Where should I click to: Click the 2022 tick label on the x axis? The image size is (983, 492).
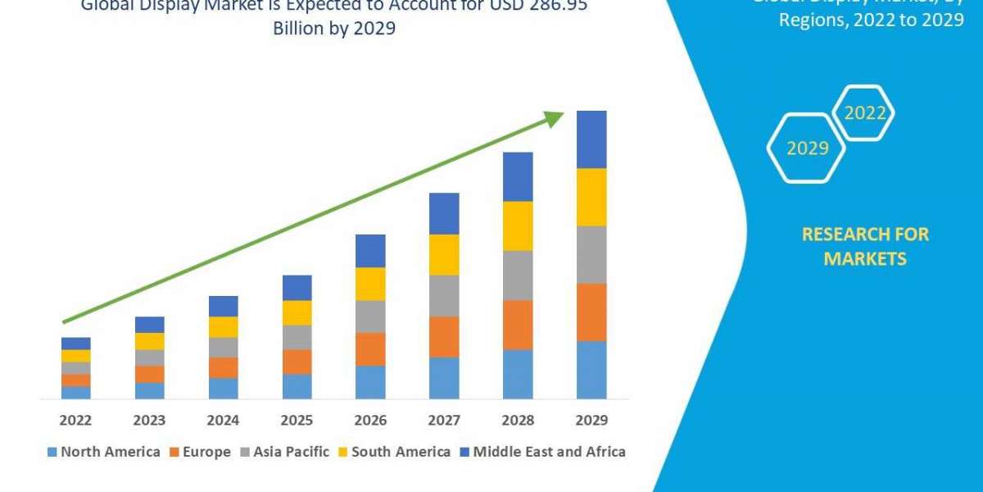pos(75,421)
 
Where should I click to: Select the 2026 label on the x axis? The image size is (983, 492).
pos(370,421)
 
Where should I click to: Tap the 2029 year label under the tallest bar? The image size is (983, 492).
pos(591,421)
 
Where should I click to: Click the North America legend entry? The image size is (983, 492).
pos(104,452)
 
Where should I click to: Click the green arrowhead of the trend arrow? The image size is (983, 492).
pos(555,119)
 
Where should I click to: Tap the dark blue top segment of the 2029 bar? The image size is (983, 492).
pos(591,139)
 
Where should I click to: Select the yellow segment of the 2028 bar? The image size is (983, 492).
pos(518,225)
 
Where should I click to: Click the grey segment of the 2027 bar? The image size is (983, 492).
pos(444,295)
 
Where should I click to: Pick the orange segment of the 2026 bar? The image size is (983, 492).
pos(370,348)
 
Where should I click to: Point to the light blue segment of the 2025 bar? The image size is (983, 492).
pos(297,386)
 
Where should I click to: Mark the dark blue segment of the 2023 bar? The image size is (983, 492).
pos(149,325)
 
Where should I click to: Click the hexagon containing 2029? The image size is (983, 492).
pos(806,148)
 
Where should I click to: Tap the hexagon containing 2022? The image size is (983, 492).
pos(863,113)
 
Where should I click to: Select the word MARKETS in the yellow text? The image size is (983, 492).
pos(865,259)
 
